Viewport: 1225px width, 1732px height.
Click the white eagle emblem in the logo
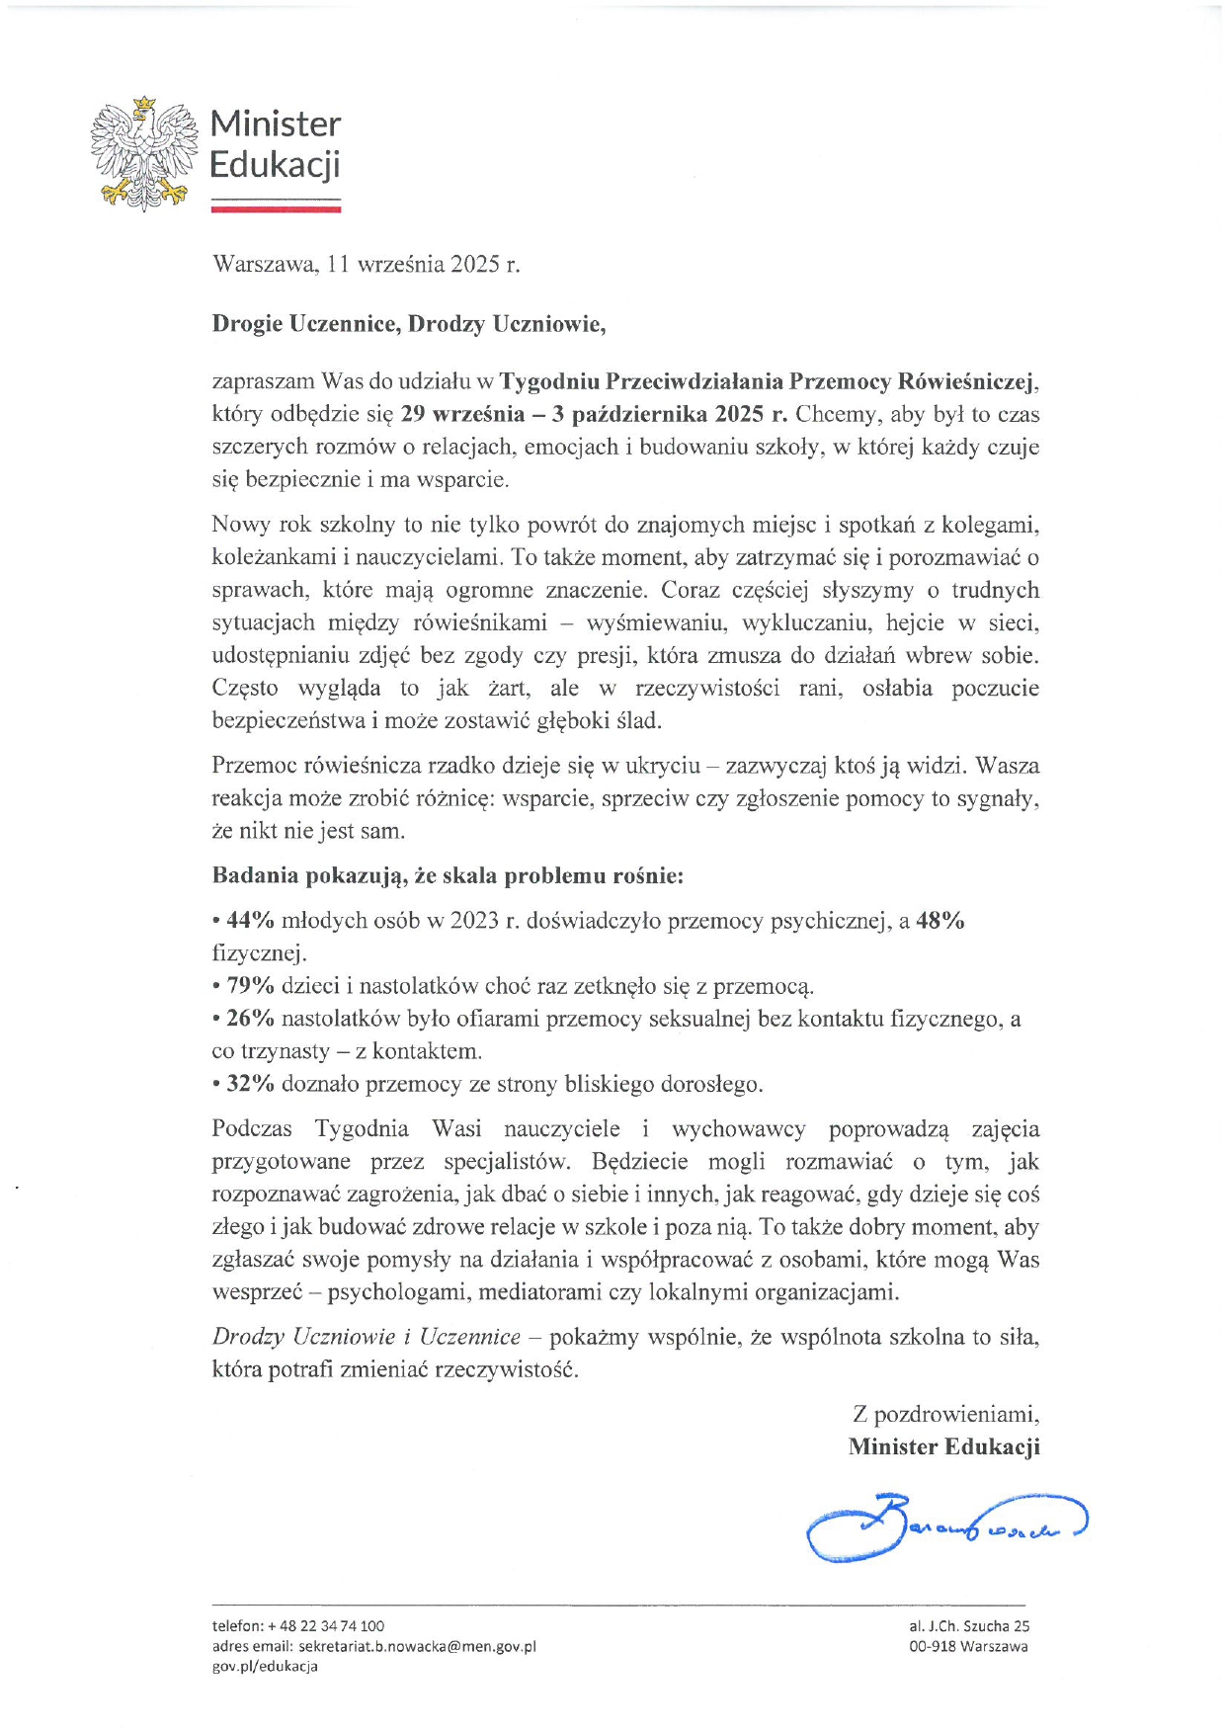(140, 153)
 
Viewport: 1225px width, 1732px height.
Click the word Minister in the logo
(275, 124)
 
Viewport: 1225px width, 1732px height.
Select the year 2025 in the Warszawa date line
(474, 265)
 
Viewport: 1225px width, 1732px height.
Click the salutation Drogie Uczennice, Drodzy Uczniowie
(408, 324)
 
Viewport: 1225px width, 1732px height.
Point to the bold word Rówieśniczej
(967, 381)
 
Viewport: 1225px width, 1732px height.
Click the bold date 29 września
(462, 414)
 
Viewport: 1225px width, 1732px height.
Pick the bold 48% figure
(940, 921)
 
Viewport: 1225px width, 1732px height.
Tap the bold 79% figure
(250, 986)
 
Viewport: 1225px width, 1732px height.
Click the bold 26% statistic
(250, 1019)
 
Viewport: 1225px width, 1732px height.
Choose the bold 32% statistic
(250, 1084)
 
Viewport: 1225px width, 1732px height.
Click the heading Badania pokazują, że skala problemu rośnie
(448, 875)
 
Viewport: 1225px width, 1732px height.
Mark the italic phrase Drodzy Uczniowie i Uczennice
(366, 1337)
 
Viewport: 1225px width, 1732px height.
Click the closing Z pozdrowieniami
(945, 1414)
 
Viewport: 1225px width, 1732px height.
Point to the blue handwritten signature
(943, 1526)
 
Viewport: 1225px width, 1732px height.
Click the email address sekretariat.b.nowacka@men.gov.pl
(417, 1646)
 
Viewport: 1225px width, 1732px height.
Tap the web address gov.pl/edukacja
(265, 1666)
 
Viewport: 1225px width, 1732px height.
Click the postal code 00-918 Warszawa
(968, 1646)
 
